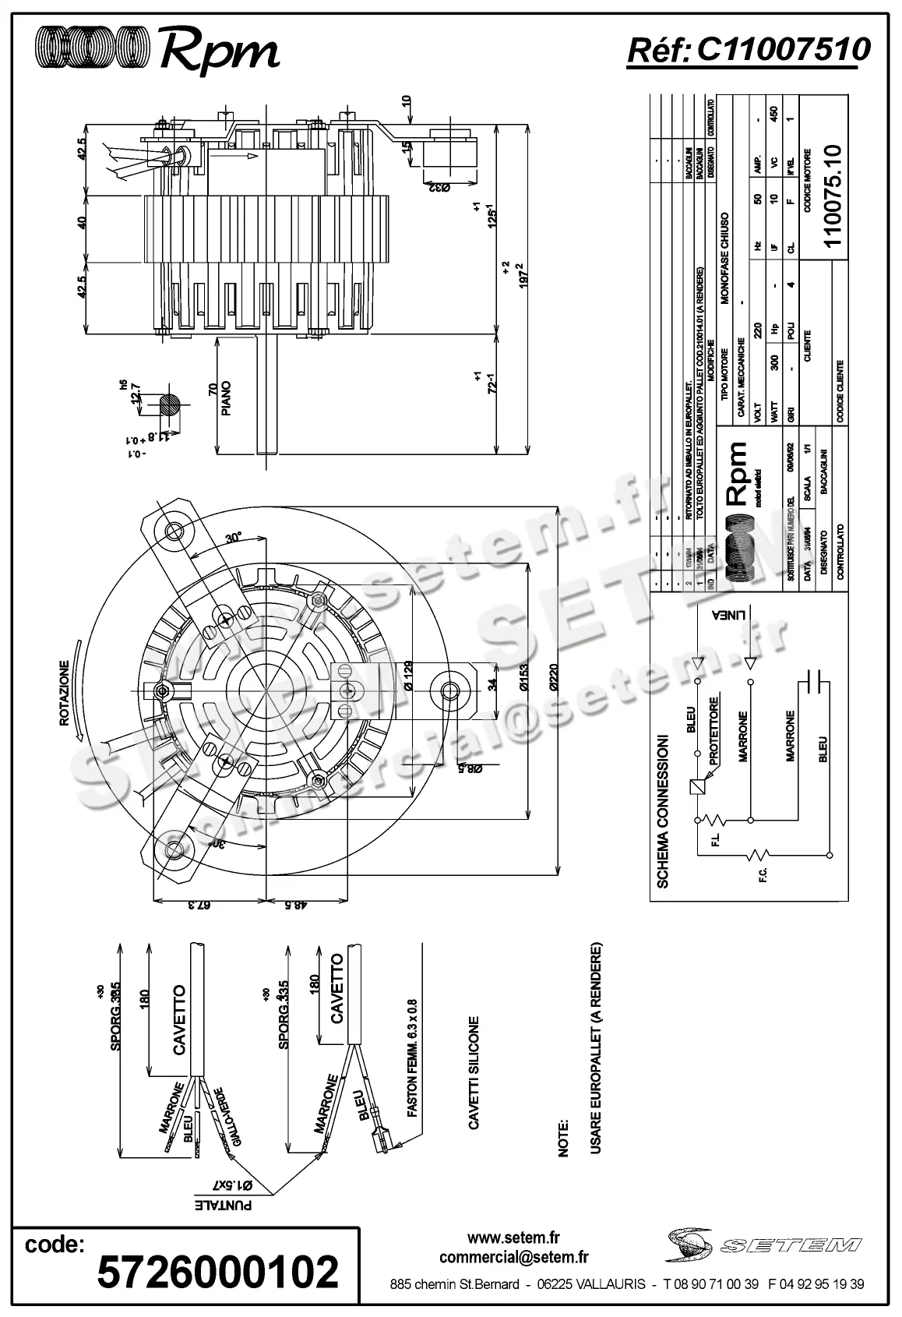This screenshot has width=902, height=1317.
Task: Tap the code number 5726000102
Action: [x=217, y=1271]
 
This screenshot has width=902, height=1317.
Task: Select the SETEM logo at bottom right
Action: [x=763, y=1245]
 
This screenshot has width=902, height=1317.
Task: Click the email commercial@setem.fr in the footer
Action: [x=513, y=1256]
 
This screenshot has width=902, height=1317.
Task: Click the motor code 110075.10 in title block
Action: [x=833, y=195]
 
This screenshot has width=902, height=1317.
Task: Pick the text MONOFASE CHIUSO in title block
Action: [x=724, y=257]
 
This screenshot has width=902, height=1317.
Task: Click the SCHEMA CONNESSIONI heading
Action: [x=663, y=810]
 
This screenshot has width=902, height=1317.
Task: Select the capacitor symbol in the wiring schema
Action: [x=813, y=680]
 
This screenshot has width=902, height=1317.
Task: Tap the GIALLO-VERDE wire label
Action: [x=231, y=1117]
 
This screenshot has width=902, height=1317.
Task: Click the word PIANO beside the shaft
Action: [x=227, y=398]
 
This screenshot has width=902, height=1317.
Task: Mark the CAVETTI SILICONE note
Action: [x=474, y=1071]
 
